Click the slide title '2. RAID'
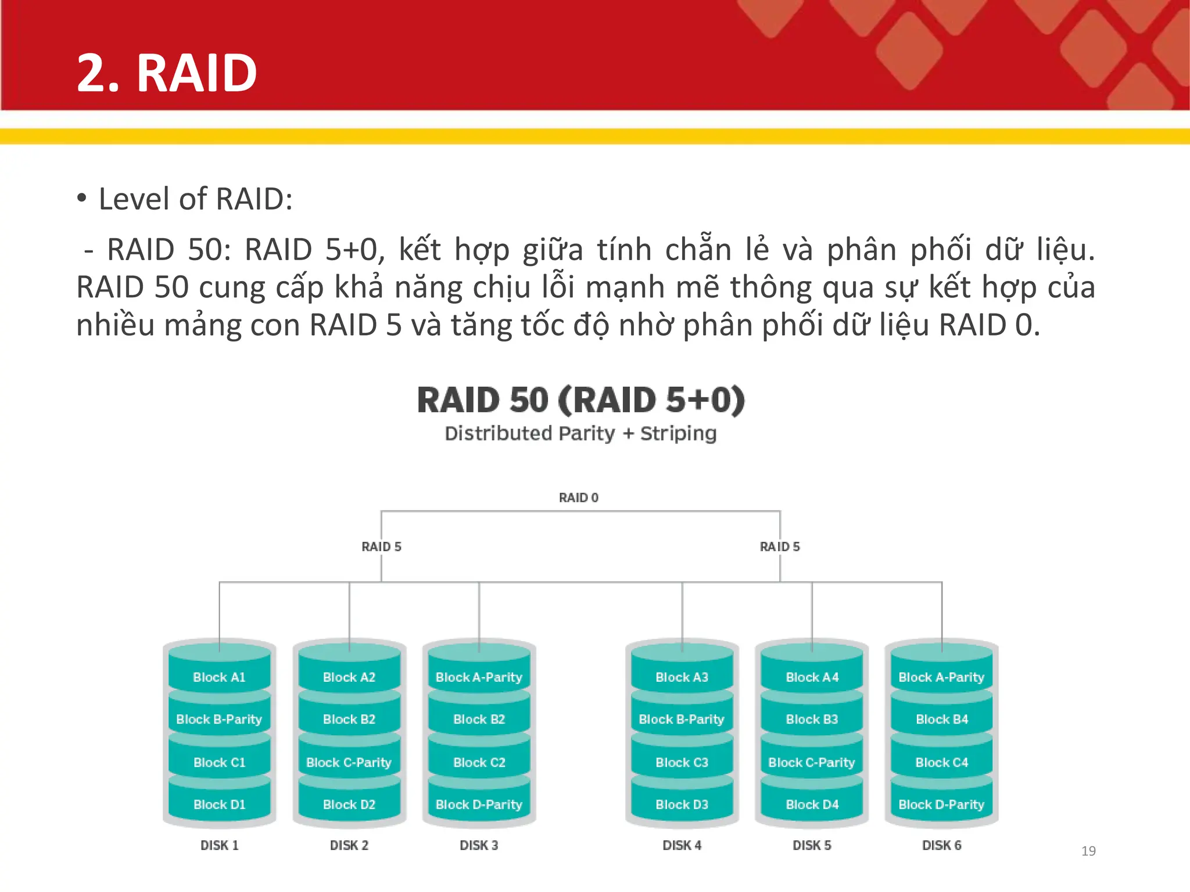coord(167,73)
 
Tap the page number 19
coord(1088,851)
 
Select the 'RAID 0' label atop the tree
coord(578,498)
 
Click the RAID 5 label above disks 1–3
coord(381,546)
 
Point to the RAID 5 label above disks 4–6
coord(780,546)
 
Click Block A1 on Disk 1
coord(219,677)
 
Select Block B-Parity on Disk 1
coord(219,719)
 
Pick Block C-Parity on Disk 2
coord(349,762)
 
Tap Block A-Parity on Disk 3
coord(479,677)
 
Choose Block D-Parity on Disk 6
coord(941,804)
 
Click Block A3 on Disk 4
coord(682,677)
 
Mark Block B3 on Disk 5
coord(812,719)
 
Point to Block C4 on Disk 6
coord(941,762)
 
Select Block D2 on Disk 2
coord(349,804)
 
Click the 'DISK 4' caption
coord(682,845)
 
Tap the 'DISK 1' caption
coord(219,845)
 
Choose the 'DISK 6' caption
coord(941,845)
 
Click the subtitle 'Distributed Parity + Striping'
coord(580,433)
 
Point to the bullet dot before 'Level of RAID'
coord(82,198)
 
